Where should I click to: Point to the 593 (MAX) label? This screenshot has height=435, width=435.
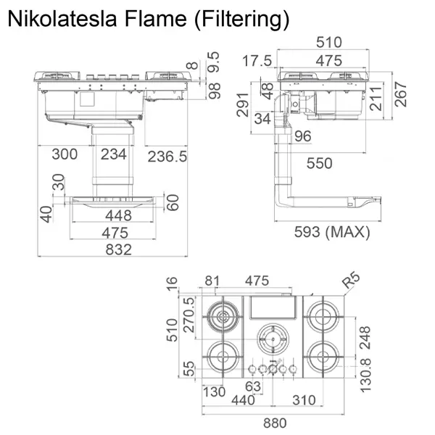[332, 232]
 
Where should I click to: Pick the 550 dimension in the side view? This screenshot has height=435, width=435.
[319, 163]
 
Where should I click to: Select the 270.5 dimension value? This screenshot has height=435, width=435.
[189, 314]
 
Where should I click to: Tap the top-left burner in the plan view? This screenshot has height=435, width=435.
[222, 317]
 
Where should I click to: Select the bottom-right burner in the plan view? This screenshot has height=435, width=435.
[322, 356]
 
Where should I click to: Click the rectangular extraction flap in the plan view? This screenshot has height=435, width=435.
[273, 310]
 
